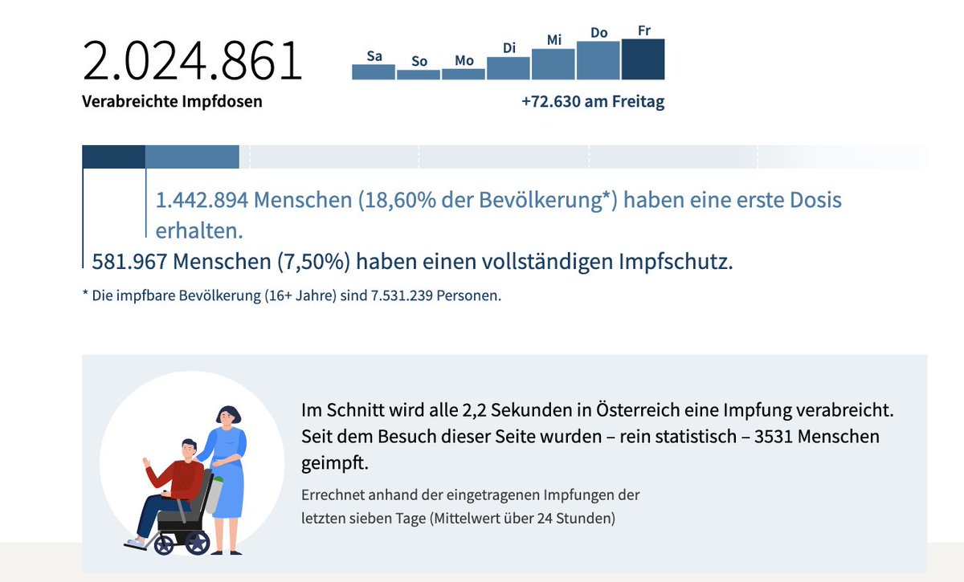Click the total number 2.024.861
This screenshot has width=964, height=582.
click(192, 61)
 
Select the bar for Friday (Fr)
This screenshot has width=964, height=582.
click(643, 59)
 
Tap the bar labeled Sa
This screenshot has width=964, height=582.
click(374, 72)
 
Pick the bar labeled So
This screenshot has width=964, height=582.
click(419, 75)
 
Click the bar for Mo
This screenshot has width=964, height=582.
click(464, 74)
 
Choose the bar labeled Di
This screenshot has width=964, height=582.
click(509, 68)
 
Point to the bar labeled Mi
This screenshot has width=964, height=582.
click(553, 64)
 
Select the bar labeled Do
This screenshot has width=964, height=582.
click(598, 61)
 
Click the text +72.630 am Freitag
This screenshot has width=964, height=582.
click(593, 102)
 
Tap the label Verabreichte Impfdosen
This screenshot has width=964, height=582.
click(172, 102)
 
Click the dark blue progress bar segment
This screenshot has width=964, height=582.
click(113, 157)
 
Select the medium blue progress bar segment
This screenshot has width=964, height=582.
click(192, 157)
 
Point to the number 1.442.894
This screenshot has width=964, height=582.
click(202, 200)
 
